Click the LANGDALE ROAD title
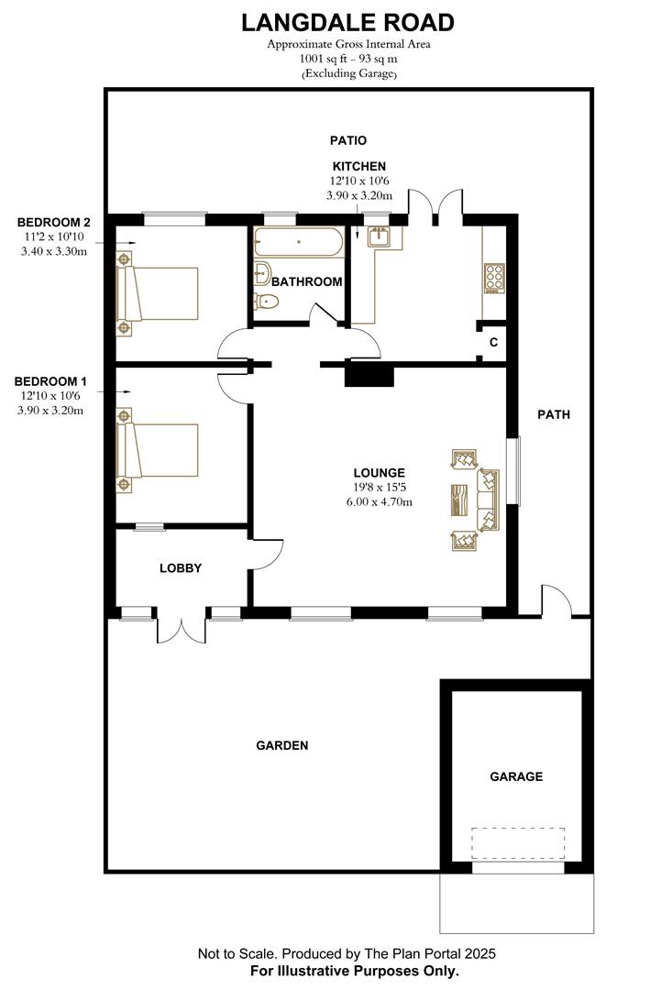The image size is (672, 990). coord(347,22)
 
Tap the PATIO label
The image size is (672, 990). coord(348,140)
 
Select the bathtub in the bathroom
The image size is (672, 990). coord(299,243)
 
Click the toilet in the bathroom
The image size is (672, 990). coord(268,301)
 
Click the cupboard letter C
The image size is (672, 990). coord(493,343)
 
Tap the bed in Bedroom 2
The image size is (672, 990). coord(158,293)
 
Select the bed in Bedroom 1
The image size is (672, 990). coord(158,450)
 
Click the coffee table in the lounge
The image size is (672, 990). coord(459,500)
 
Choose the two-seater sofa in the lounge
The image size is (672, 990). coord(489,500)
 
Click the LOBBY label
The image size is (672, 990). coord(181,568)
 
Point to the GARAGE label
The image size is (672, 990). coord(516,776)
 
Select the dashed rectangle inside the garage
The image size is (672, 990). coord(518,842)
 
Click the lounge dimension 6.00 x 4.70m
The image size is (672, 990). coord(379,501)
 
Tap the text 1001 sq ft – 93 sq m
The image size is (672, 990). coord(348,58)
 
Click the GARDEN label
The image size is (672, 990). coord(281,746)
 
